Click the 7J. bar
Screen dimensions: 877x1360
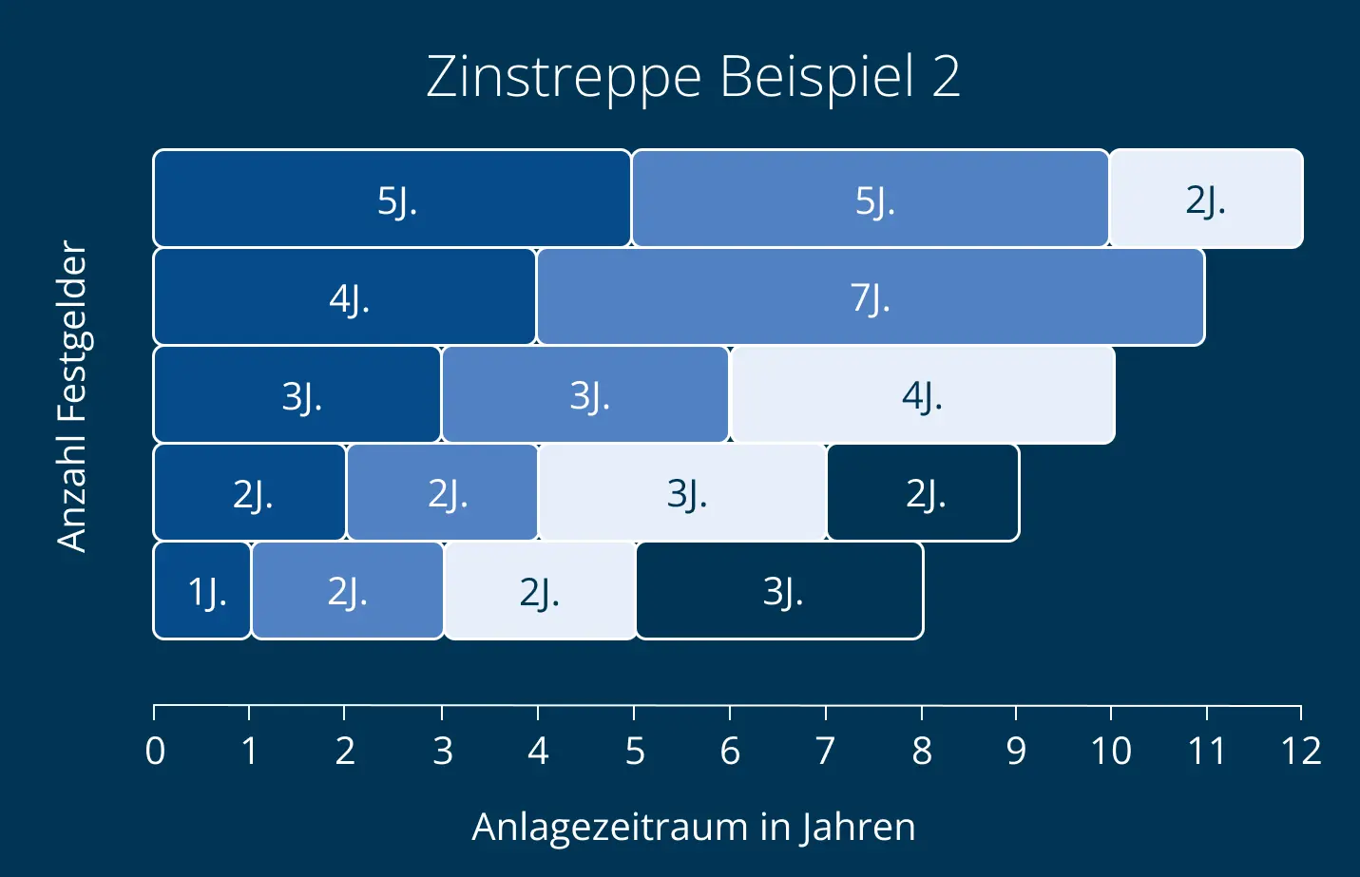point(870,297)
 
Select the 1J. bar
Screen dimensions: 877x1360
point(202,591)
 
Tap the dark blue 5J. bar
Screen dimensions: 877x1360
point(392,199)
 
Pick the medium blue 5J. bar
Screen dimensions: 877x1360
point(870,199)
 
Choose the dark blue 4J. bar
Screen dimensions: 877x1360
point(344,297)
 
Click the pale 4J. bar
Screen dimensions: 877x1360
point(922,395)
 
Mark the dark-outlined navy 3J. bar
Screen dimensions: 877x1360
point(779,591)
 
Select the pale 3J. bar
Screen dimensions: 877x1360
point(682,493)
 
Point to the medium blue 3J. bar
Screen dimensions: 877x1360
point(585,395)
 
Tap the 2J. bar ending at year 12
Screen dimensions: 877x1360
point(1205,199)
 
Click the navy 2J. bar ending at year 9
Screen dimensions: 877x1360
point(923,493)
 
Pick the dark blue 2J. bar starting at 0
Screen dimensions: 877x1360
point(250,493)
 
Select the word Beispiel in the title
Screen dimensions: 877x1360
point(816,77)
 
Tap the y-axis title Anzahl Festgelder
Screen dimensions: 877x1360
point(72,395)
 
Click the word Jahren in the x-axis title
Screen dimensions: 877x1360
point(856,827)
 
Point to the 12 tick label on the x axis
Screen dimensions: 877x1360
point(1301,752)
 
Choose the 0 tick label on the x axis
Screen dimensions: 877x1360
point(155,752)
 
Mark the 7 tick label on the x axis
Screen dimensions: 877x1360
point(825,752)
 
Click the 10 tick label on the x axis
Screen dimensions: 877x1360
point(1110,752)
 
